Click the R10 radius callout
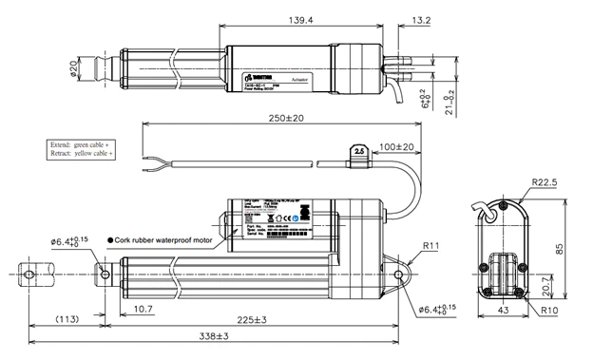(x=548, y=311)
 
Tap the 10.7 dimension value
(x=143, y=310)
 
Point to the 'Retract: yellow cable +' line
(x=81, y=153)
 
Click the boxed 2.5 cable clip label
(x=358, y=149)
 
